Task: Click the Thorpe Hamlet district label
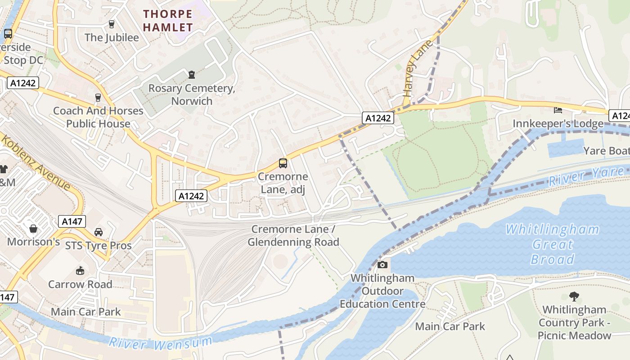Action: click(x=168, y=21)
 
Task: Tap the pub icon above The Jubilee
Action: click(x=112, y=24)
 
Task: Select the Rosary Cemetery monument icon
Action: click(x=192, y=74)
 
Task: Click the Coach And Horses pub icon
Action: click(x=98, y=97)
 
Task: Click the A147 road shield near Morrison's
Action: click(x=72, y=221)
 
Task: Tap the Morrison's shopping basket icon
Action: click(x=33, y=229)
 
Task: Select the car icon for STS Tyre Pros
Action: click(x=99, y=232)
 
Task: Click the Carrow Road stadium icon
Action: click(x=80, y=270)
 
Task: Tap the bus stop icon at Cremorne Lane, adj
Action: click(x=283, y=163)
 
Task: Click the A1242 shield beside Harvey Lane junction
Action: click(x=378, y=118)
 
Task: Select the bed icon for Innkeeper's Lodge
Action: click(x=558, y=110)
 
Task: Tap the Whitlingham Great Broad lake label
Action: click(x=552, y=244)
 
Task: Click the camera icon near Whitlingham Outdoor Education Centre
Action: click(x=382, y=265)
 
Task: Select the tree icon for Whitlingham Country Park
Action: click(x=574, y=296)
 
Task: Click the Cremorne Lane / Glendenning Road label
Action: click(x=293, y=236)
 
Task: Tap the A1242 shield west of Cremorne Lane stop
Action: click(x=191, y=196)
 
